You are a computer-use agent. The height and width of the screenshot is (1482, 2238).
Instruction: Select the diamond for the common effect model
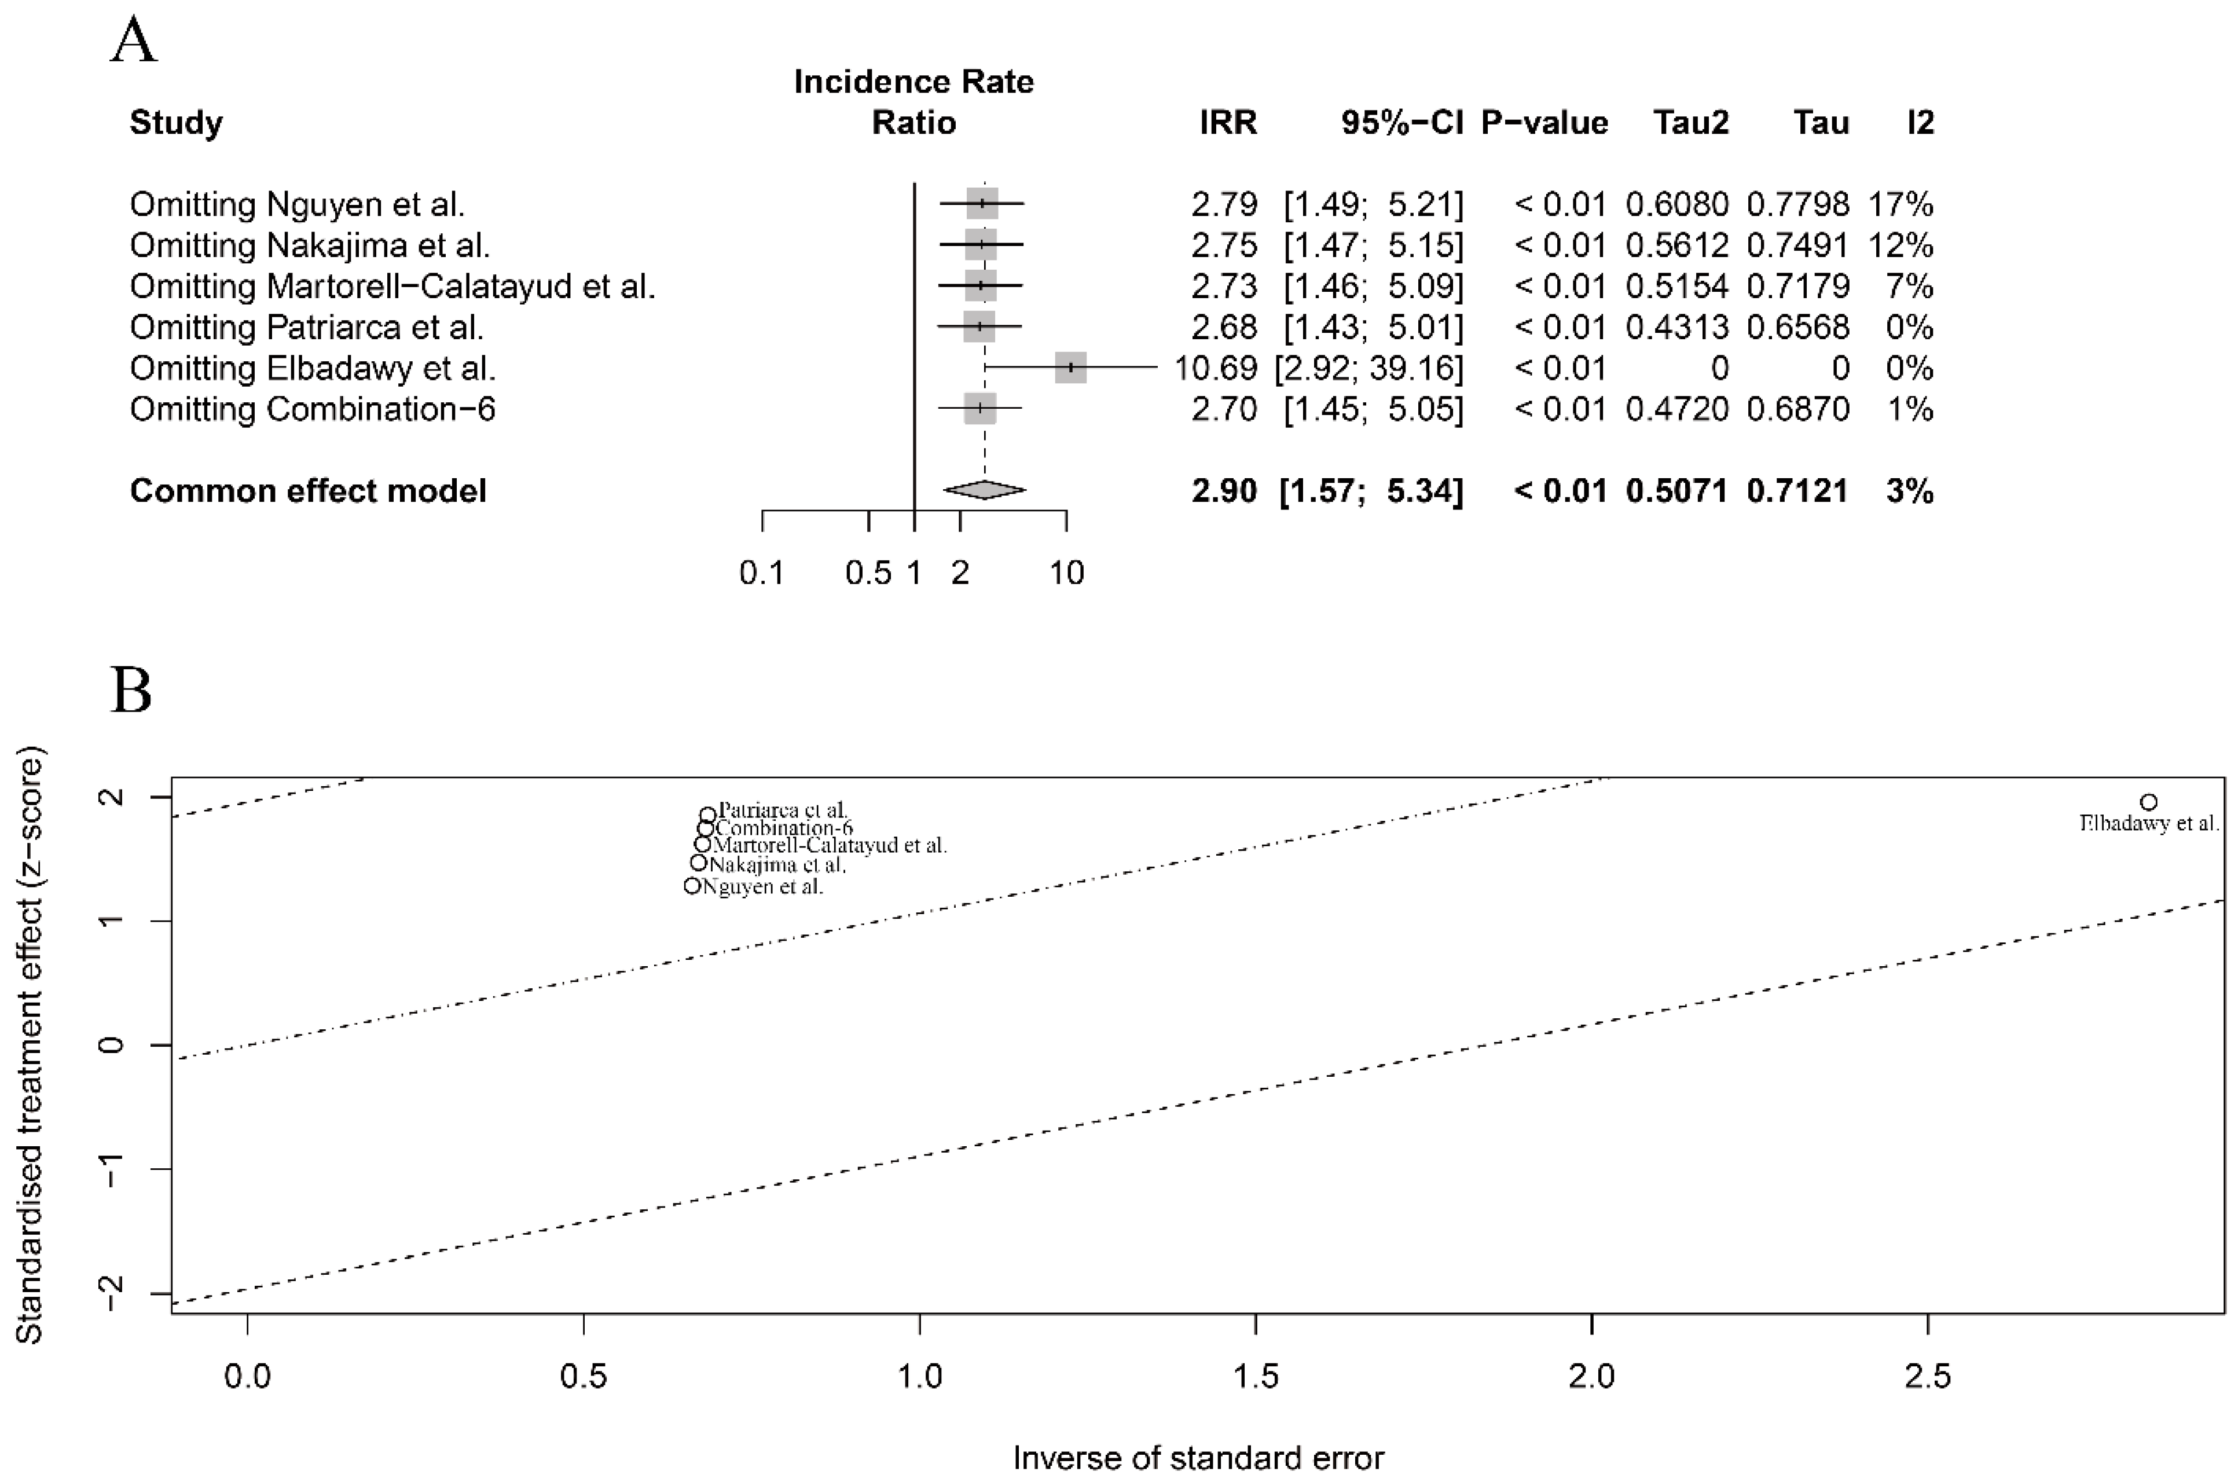pyautogui.click(x=984, y=490)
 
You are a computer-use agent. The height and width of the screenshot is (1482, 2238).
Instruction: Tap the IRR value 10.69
pyautogui.click(x=1216, y=368)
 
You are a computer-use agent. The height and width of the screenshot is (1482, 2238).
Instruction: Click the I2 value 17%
pyautogui.click(x=1900, y=204)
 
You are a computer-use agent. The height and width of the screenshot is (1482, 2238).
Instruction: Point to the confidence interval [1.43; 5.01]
pyautogui.click(x=1373, y=327)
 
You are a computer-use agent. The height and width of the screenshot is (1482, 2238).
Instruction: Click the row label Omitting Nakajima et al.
pyautogui.click(x=309, y=245)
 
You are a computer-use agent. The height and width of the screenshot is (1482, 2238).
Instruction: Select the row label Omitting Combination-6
pyautogui.click(x=312, y=409)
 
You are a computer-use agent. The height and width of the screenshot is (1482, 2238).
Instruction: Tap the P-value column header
pyautogui.click(x=1544, y=123)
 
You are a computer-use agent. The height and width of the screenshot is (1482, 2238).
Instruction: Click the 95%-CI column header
pyautogui.click(x=1401, y=123)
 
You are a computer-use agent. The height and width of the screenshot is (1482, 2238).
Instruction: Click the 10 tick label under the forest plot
pyautogui.click(x=1067, y=573)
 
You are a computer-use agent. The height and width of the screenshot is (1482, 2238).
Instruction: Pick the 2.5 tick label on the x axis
pyautogui.click(x=1927, y=1376)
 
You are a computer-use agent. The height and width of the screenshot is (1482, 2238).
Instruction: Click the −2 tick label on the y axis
pyautogui.click(x=112, y=1292)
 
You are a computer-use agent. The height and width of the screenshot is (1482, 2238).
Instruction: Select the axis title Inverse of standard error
pyautogui.click(x=1198, y=1458)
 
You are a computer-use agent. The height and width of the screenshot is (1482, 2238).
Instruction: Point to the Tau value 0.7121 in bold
pyautogui.click(x=1797, y=490)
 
